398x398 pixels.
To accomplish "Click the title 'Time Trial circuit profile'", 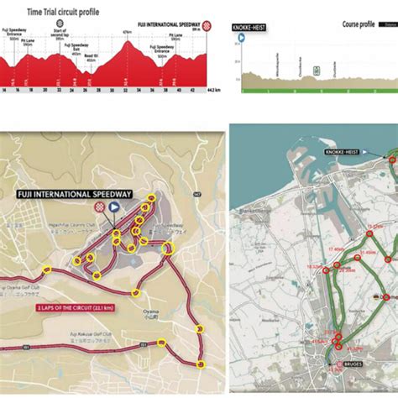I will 62,13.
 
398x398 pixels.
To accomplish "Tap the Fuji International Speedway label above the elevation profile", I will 176,25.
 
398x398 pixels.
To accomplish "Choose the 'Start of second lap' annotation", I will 59,34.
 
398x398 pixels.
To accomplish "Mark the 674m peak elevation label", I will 127,32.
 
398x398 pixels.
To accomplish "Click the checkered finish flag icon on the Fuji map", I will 100,205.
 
